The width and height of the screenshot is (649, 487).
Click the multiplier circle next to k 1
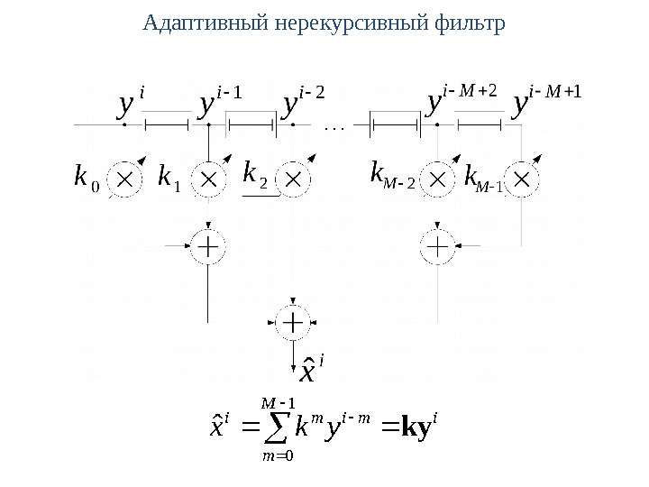[209, 178]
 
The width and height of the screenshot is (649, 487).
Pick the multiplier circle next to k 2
[294, 178]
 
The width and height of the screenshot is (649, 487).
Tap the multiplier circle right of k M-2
[438, 178]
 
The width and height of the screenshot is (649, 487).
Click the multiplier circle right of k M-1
[523, 178]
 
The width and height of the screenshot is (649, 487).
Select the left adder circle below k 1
[209, 244]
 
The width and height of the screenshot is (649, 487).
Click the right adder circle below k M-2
[438, 244]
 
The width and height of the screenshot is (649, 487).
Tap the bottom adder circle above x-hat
[294, 321]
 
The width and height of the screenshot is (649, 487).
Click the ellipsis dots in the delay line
[334, 128]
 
